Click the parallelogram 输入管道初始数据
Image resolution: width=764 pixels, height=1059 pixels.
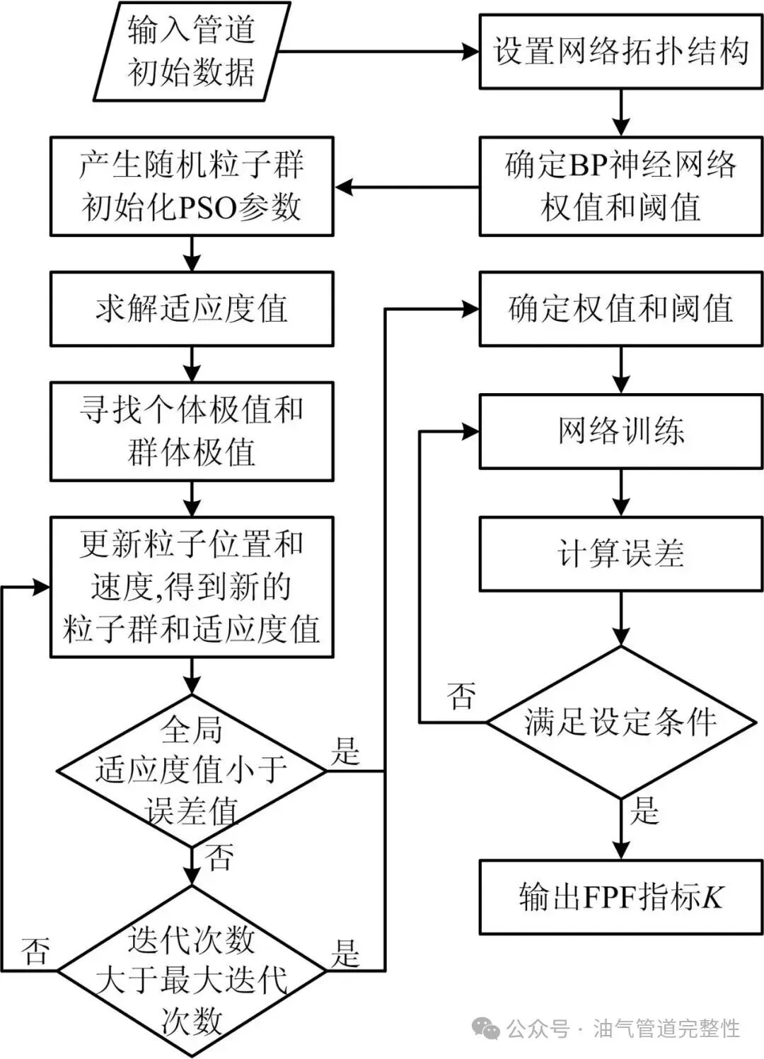point(191,51)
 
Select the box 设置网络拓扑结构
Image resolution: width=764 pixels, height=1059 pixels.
point(621,52)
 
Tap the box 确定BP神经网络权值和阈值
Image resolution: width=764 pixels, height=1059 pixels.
point(621,187)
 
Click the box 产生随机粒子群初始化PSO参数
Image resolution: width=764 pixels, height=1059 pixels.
point(191,187)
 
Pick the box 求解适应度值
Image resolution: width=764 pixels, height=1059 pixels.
point(191,309)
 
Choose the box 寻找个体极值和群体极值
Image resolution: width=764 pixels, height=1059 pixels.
point(191,431)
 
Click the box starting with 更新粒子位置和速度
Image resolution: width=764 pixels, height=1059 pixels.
point(191,587)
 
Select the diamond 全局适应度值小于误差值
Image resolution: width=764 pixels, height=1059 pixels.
point(191,771)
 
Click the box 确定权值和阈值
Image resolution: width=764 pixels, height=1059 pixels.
point(621,309)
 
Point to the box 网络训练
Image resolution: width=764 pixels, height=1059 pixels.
point(621,431)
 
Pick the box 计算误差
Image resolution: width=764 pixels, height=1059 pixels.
point(621,554)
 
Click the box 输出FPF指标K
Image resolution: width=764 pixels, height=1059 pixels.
point(621,897)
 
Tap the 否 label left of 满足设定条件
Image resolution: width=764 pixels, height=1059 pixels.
point(461,696)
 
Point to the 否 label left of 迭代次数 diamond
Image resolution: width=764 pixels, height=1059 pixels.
point(35,951)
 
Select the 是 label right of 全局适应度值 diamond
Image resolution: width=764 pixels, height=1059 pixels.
point(345,751)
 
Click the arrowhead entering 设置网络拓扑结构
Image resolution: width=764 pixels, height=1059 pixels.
point(471,52)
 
